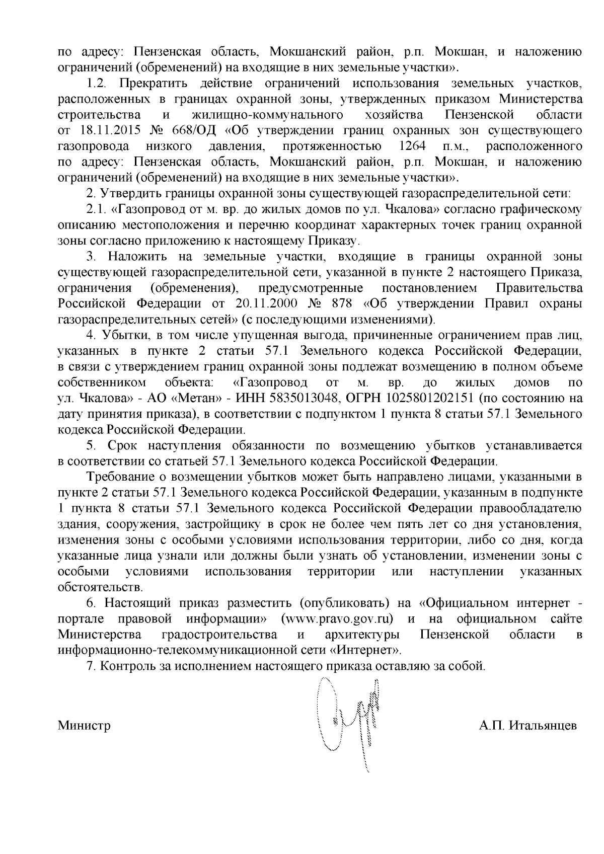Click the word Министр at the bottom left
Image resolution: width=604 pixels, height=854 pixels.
coord(84,726)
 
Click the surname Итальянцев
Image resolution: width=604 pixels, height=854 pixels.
coord(543,726)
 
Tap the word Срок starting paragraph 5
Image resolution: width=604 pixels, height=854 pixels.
coord(120,445)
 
